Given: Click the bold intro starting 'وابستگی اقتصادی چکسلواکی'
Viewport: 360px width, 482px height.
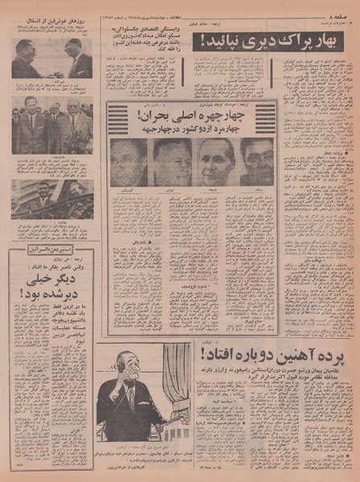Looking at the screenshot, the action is [x=142, y=41].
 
